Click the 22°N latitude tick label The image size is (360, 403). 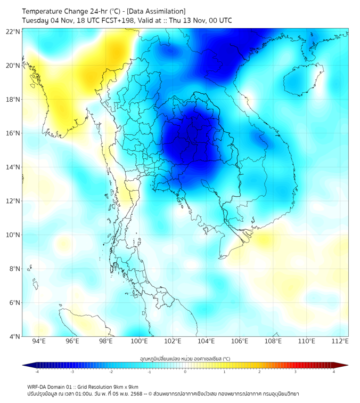pyautogui.click(x=13, y=31)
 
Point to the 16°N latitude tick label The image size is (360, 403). pyautogui.click(x=13, y=133)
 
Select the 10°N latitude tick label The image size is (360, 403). pyautogui.click(x=13, y=235)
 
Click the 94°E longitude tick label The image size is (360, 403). pyautogui.click(x=39, y=341)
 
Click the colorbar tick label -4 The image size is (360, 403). pyautogui.click(x=37, y=372)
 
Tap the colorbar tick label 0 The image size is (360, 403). pyautogui.click(x=185, y=372)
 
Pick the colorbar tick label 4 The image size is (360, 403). pyautogui.click(x=333, y=372)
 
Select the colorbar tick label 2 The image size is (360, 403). pyautogui.click(x=259, y=372)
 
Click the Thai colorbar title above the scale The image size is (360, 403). pyautogui.click(x=185, y=358)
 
